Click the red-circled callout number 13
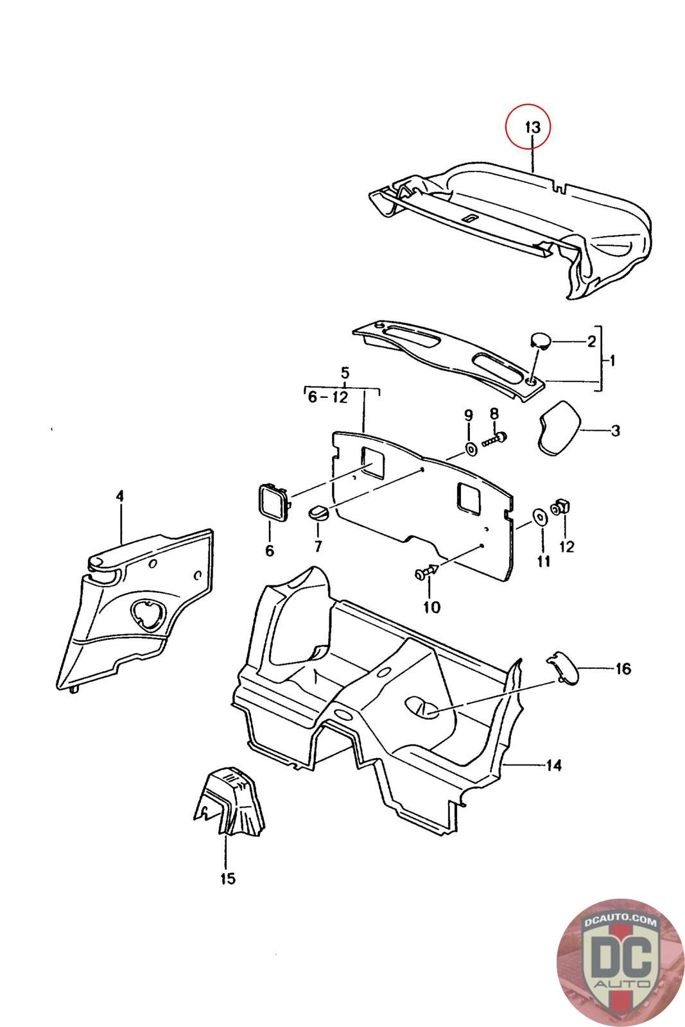click(x=533, y=126)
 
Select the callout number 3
click(x=615, y=430)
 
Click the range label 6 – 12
click(x=327, y=397)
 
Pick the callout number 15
click(x=228, y=878)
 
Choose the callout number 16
click(x=623, y=669)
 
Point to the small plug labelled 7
click(x=318, y=512)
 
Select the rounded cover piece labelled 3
click(x=559, y=426)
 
